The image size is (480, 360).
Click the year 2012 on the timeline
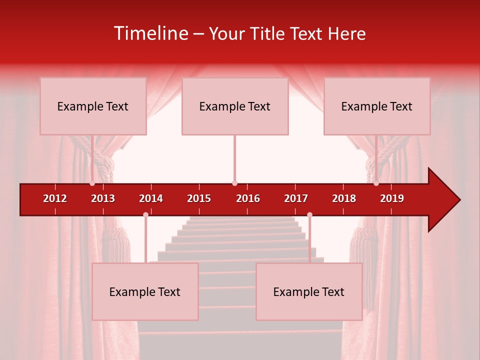55,198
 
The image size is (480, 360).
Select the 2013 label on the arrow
103,198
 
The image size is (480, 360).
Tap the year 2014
151,198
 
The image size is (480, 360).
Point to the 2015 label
199,198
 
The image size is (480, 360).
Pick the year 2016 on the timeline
248,198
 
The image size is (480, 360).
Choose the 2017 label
296,198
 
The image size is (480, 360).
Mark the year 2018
344,198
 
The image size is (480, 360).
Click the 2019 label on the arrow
392,198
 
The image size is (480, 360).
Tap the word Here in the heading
346,33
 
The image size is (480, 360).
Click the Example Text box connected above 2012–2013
93,106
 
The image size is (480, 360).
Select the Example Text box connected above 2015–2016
235,106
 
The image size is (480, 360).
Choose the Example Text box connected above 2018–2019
377,106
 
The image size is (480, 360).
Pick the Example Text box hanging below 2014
145,291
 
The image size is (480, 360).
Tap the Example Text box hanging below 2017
309,291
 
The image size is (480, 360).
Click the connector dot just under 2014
145,215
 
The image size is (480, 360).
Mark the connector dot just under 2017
309,215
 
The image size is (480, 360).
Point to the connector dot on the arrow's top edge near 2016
234,183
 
